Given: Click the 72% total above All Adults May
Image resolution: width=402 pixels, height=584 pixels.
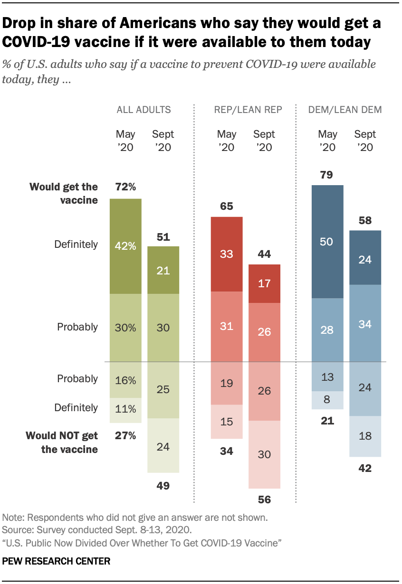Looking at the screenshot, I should [x=125, y=187].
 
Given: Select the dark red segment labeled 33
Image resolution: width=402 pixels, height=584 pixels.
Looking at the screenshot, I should [x=227, y=254].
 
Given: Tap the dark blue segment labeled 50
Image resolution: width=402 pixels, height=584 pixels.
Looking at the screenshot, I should [x=327, y=241].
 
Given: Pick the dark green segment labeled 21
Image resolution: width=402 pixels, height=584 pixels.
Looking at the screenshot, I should [x=163, y=270].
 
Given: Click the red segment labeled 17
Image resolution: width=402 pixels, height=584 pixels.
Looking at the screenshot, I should [x=264, y=283].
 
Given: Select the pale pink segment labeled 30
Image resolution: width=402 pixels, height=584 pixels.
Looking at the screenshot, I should [x=264, y=454].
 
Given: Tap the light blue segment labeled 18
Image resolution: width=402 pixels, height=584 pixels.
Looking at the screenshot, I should [x=365, y=436].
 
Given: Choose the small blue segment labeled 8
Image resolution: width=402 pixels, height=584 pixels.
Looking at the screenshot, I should [x=327, y=400].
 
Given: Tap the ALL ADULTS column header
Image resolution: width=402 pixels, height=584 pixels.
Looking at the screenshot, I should [x=144, y=110].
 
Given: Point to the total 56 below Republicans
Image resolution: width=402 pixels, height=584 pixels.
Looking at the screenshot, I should [x=264, y=500].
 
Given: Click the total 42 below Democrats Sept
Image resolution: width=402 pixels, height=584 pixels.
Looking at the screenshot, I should [x=365, y=468].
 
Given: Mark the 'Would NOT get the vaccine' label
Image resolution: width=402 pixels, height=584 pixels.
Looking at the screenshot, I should [x=62, y=442].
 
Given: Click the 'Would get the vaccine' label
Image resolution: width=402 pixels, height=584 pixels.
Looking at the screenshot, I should [x=64, y=193].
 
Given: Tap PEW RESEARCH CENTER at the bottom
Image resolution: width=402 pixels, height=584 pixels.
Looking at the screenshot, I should [x=57, y=561].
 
